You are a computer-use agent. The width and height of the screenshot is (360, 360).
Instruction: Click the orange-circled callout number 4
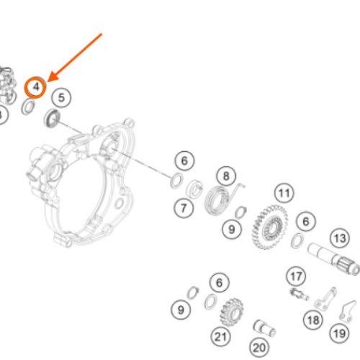point(35,87)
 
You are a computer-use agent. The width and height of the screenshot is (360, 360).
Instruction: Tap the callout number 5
point(61,98)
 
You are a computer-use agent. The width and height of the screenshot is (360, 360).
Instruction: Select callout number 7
point(184,208)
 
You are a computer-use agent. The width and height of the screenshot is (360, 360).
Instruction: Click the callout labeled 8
point(226,176)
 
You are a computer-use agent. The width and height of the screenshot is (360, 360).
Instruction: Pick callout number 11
point(284,193)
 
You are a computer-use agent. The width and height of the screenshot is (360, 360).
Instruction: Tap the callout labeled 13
point(340,238)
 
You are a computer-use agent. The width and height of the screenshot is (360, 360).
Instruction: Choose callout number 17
point(296,276)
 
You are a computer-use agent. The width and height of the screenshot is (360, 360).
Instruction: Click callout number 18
point(313,320)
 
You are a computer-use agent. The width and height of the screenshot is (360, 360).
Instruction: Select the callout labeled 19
point(339,333)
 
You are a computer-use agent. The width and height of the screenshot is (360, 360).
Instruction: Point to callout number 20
point(259,348)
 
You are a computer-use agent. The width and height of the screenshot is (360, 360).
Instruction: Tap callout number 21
point(221,336)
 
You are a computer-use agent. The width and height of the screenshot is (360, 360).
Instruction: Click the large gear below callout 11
point(269,227)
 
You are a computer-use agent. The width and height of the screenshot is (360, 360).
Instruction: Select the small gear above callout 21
point(232,312)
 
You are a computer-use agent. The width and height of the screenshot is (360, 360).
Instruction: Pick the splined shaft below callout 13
point(334,259)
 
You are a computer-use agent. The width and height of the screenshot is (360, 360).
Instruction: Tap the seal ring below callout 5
point(52,118)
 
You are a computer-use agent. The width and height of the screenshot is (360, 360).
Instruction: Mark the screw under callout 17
point(300,294)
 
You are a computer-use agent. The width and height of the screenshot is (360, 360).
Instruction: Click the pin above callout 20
point(264,328)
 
